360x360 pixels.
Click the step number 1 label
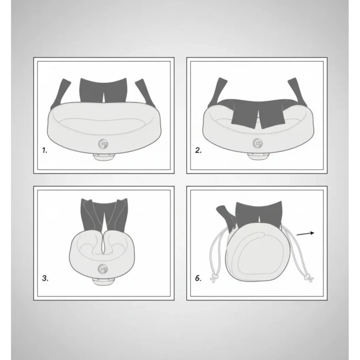(45, 150)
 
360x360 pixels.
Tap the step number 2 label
(199, 150)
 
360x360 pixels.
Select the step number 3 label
(45, 278)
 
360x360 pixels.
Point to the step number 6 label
(198, 278)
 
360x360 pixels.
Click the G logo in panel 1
(103, 144)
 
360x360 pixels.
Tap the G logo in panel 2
(258, 143)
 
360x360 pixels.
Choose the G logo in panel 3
(103, 269)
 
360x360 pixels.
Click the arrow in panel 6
(305, 233)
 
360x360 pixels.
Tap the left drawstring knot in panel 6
(214, 278)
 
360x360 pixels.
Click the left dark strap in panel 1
(60, 94)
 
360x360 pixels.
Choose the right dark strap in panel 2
(297, 92)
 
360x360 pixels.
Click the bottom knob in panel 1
(103, 157)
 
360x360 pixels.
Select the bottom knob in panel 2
(258, 156)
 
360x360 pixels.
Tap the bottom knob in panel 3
(103, 282)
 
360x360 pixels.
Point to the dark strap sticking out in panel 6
(226, 216)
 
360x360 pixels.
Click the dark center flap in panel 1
(103, 90)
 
